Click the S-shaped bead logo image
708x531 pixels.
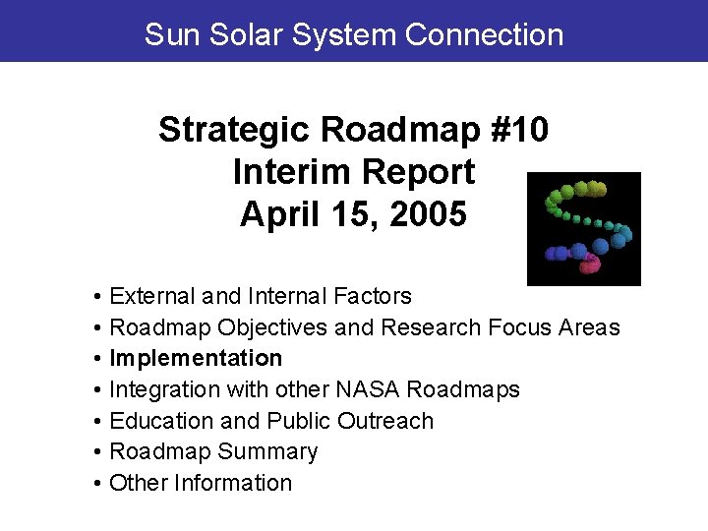coord(584,228)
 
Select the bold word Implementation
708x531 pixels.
coord(196,358)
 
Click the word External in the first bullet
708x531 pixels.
coord(152,296)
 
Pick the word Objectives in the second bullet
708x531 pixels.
coord(273,326)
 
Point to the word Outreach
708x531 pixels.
coord(384,421)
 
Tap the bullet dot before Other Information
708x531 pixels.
coord(99,484)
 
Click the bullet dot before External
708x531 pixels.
coord(99,297)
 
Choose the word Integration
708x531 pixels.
coord(164,389)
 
